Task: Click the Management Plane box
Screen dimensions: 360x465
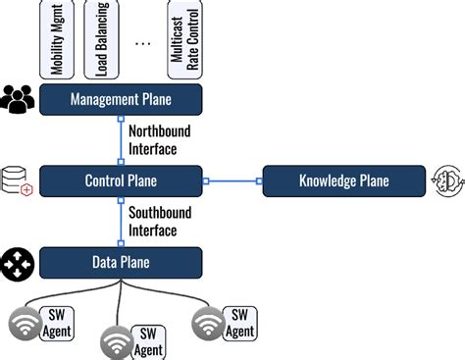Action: point(121,98)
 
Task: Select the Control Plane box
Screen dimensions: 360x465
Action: point(121,180)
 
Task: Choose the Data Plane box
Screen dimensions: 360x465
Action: point(121,262)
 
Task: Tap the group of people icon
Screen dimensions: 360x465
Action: point(19,98)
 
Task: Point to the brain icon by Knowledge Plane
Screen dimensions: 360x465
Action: point(442,180)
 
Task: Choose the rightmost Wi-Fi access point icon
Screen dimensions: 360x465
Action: point(208,323)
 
